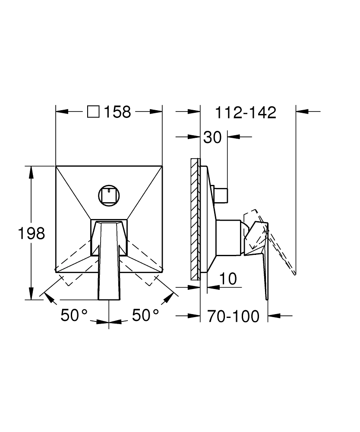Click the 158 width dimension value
tap(117, 112)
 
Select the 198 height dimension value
tap(32, 233)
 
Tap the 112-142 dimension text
tap(246, 112)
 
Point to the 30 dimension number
tap(212, 137)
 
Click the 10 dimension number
tap(228, 279)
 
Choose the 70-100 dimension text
tap(234, 316)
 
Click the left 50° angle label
tap(74, 315)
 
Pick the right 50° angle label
tap(145, 315)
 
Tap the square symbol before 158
tap(93, 112)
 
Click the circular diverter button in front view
tap(109, 195)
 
